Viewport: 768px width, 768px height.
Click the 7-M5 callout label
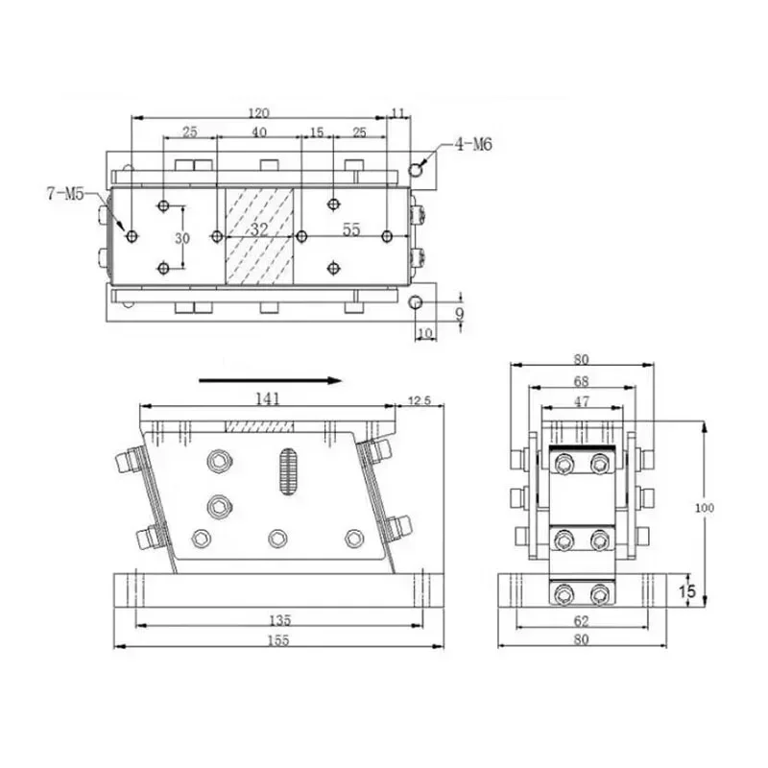[65, 194]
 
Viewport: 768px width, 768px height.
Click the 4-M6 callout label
[473, 145]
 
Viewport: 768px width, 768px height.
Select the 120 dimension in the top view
[258, 113]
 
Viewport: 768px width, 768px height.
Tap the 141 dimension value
[268, 398]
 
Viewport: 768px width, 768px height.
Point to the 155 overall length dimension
[278, 640]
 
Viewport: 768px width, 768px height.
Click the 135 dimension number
[279, 620]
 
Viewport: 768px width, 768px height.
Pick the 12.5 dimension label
[420, 400]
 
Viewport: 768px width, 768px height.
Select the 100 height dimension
[705, 508]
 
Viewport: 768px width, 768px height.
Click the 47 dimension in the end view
[582, 401]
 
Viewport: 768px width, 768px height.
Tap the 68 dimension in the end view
[581, 381]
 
